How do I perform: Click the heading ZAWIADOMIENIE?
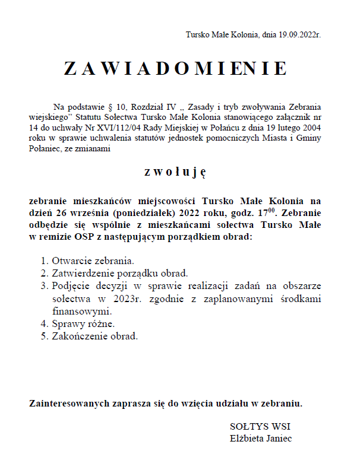[x=176, y=69]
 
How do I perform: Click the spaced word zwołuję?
[x=175, y=172]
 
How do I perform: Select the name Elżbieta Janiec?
[x=260, y=439]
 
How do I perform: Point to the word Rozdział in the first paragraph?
[x=149, y=107]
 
